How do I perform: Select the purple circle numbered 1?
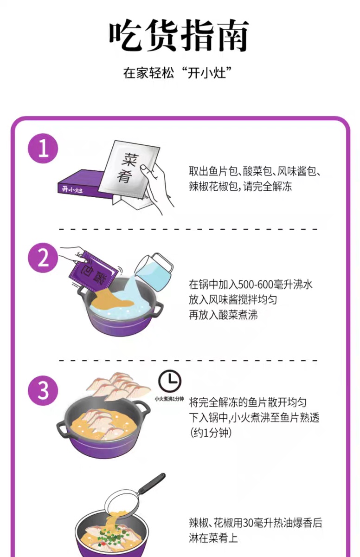pos(43,149)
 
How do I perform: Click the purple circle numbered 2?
pos(43,258)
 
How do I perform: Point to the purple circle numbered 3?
pos(43,391)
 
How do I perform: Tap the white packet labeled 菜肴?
pos(129,169)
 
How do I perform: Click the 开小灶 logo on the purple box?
pos(72,190)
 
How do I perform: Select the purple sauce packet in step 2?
pos(93,272)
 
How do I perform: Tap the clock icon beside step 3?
pos(170,381)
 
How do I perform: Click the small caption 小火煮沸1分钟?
pos(169,399)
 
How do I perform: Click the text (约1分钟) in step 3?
pos(211,433)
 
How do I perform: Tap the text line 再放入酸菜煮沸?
pos(223,315)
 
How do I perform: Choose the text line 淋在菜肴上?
pos(213,538)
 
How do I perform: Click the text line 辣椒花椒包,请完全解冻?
pos(240,186)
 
